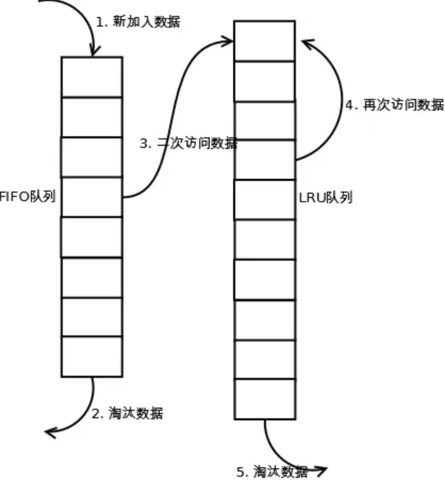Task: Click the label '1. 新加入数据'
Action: coord(138,22)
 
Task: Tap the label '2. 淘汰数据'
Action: coord(128,413)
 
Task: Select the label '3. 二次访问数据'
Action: coord(188,144)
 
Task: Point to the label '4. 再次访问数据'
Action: coord(394,105)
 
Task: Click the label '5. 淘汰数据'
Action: coord(272,471)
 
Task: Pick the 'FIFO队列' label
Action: coord(28,197)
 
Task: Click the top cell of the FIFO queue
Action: coord(92,77)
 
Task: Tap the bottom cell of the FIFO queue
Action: coord(92,357)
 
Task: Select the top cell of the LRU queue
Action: coord(265,41)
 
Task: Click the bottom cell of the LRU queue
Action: coord(265,399)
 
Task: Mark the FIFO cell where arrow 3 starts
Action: coord(92,197)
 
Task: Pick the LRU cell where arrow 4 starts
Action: coord(265,160)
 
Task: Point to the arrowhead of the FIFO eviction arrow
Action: coord(50,431)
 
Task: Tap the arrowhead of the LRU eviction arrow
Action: coord(321,470)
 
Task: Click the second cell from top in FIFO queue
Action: coord(92,117)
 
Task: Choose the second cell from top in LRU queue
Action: coord(265,81)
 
